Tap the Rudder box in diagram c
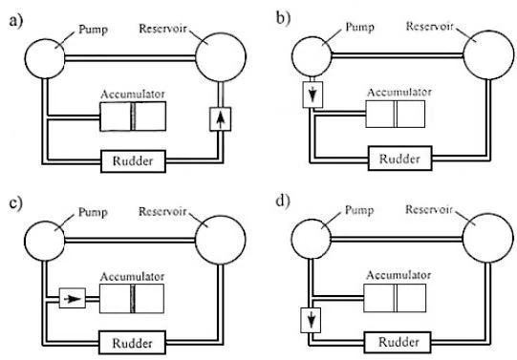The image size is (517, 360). click(133, 341)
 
